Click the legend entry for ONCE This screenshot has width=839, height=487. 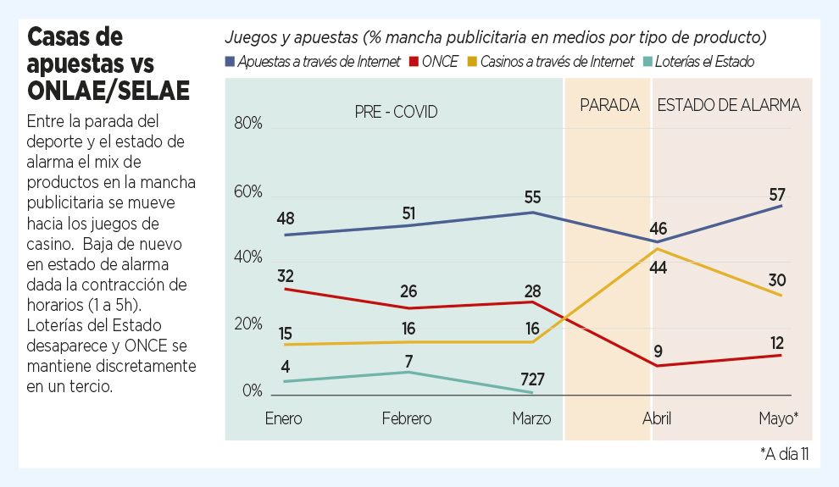[x=440, y=61]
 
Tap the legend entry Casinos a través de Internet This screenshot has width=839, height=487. [x=556, y=61]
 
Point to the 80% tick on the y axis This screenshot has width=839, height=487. [x=248, y=124]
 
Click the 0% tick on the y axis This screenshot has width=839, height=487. [x=253, y=391]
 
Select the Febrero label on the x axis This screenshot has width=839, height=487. [x=407, y=418]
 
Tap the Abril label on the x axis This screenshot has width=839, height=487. [x=657, y=418]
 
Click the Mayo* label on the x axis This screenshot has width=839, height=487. [x=778, y=418]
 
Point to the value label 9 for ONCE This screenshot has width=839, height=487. [x=658, y=350]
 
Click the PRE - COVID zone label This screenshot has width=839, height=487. [x=396, y=111]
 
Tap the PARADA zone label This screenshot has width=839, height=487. [x=609, y=106]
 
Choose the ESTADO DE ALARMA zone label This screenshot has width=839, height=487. [x=729, y=106]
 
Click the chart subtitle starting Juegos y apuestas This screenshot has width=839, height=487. [x=496, y=38]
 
